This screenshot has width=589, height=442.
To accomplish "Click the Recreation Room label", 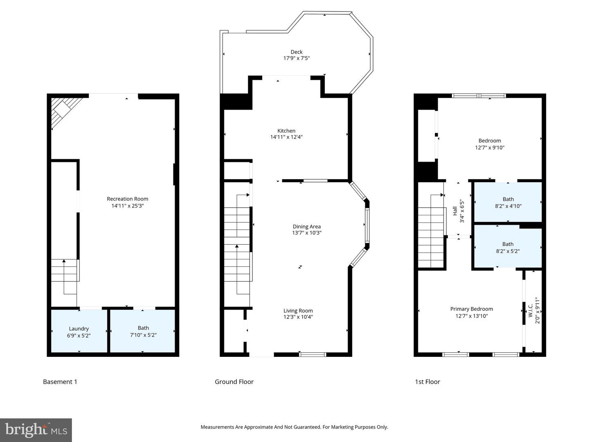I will tap(127, 199).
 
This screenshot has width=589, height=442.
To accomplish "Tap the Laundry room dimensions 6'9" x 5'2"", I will tap(79, 335).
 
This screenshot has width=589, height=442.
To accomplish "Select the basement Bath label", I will tap(143, 328).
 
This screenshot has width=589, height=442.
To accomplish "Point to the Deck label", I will tap(297, 52).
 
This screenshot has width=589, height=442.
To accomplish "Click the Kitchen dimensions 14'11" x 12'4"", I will tap(286, 137).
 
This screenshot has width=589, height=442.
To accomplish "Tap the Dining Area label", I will tap(306, 226).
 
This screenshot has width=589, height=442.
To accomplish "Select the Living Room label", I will tap(298, 311).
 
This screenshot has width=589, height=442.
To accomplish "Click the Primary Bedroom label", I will tap(471, 309).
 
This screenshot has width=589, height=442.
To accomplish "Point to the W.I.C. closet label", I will tap(531, 310).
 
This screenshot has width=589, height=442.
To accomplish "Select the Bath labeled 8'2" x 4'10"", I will tap(508, 199).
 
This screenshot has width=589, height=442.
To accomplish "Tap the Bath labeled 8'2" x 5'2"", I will tap(508, 244).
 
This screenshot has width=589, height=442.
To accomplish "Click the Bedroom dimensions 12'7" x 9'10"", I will tap(490, 148).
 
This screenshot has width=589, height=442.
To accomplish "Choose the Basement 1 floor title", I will tap(60, 382).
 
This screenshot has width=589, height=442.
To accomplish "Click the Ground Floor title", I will tap(234, 382).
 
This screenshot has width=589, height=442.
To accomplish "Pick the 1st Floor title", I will tap(427, 382).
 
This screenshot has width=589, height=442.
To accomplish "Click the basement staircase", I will tap(64, 271).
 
